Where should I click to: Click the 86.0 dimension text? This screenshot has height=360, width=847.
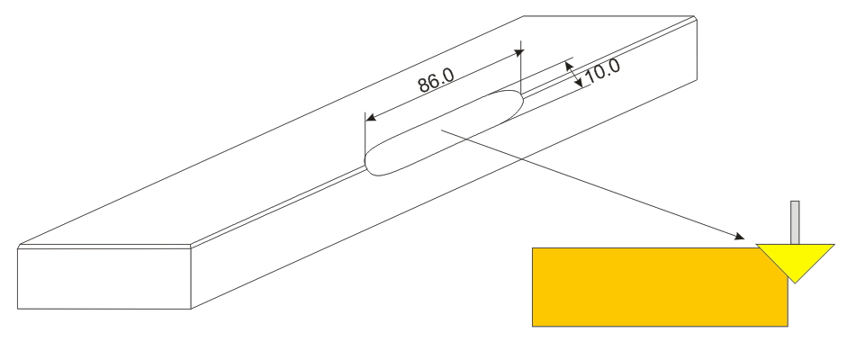(436, 80)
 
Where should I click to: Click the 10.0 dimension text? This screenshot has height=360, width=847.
(602, 70)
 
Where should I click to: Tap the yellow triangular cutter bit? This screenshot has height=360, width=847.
(795, 260)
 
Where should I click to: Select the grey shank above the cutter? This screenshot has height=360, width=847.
(795, 222)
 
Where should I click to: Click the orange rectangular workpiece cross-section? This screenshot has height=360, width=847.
(660, 287)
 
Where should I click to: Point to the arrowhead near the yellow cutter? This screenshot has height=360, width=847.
(740, 236)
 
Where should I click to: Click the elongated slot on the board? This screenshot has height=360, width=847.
(444, 133)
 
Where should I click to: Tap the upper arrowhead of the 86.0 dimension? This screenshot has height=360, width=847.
(519, 53)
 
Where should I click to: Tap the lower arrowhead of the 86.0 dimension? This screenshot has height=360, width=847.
(371, 117)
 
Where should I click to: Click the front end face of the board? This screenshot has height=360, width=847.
(104, 277)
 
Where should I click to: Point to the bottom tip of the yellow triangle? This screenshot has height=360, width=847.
(795, 283)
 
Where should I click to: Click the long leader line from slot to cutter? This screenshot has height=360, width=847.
(592, 184)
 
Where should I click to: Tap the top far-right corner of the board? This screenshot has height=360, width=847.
(694, 17)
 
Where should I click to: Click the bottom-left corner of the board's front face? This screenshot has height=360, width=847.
(18, 309)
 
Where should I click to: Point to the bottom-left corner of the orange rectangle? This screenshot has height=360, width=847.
(533, 326)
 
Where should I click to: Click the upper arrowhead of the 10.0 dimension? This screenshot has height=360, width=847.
(568, 66)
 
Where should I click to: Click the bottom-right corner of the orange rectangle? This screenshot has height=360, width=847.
(788, 326)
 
